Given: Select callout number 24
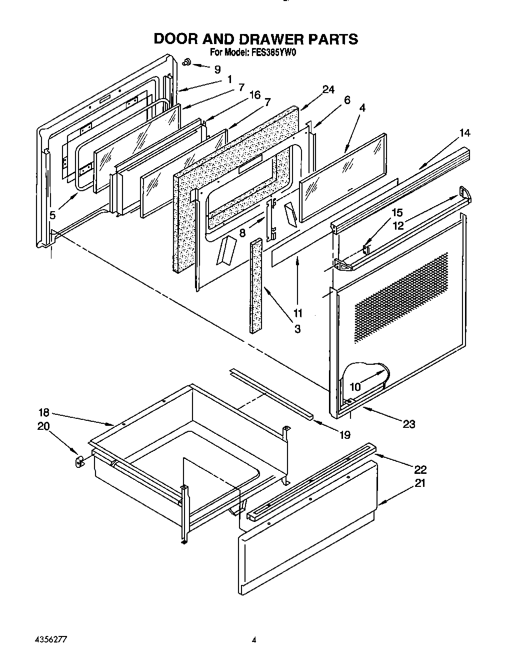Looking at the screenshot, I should [x=328, y=90].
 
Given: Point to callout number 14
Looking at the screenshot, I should [x=464, y=133].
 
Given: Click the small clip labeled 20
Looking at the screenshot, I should [x=78, y=461].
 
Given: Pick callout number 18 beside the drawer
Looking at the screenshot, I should [x=44, y=412].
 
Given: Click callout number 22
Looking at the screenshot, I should [x=420, y=469].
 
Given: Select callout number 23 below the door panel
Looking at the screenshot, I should [x=409, y=424].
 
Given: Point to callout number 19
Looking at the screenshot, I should [x=344, y=435].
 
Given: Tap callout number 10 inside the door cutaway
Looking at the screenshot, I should [x=355, y=386].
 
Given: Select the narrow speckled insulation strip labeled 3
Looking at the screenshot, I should [x=256, y=285].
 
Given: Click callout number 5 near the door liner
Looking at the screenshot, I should [x=53, y=216].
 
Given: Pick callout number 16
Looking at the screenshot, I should [x=255, y=95].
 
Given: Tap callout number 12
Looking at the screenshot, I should [x=398, y=226].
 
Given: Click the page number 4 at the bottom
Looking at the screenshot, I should [x=254, y=640].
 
